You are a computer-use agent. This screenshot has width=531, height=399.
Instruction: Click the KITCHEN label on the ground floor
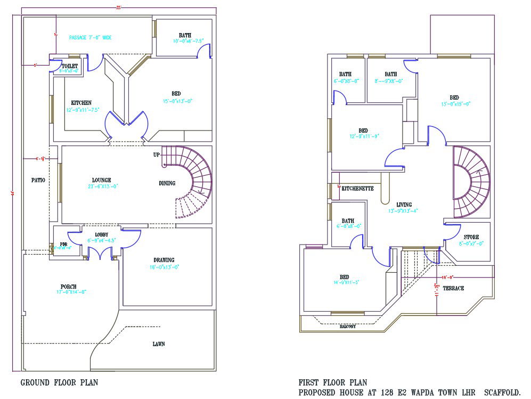pyautogui.click(x=81, y=103)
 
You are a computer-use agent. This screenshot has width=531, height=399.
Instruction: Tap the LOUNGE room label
pyautogui.click(x=101, y=180)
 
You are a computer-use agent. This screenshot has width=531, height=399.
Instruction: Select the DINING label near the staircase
pyautogui.click(x=167, y=183)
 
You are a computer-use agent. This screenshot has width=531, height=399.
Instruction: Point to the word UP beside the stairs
pyautogui.click(x=157, y=155)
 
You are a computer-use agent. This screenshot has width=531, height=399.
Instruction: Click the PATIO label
pyautogui.click(x=37, y=180)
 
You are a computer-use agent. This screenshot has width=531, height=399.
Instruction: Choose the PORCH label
pyautogui.click(x=69, y=286)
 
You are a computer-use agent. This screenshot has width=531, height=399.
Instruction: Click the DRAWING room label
pyautogui.click(x=164, y=260)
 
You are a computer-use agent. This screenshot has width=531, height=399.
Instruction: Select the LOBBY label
pyautogui.click(x=102, y=234)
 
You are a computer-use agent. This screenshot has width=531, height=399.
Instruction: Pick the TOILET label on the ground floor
pyautogui.click(x=70, y=66)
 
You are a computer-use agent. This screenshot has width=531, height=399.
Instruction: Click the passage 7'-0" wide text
pyautogui.click(x=90, y=38)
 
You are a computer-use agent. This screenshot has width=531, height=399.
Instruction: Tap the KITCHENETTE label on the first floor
pyautogui.click(x=357, y=189)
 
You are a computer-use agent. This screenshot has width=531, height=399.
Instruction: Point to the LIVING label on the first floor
pyautogui.click(x=405, y=204)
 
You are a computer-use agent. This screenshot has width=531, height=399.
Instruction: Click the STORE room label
pyautogui.click(x=471, y=237)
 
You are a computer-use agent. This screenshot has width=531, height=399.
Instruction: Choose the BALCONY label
pyautogui.click(x=348, y=326)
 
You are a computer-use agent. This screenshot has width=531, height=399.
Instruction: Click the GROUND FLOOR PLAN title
pyautogui.click(x=59, y=382)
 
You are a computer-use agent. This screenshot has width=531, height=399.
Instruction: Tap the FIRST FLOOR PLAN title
pyautogui.click(x=332, y=382)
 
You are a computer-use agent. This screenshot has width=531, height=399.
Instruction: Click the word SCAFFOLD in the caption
pyautogui.click(x=502, y=393)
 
